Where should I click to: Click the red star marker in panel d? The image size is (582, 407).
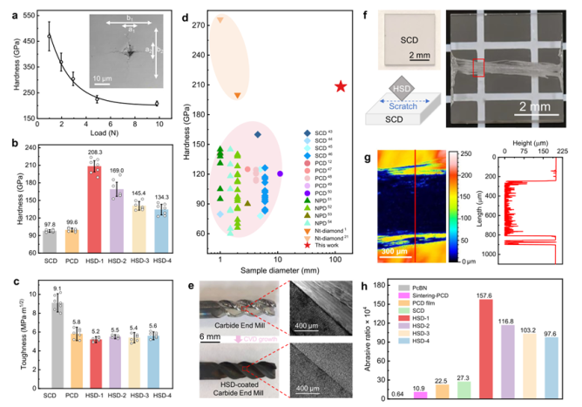341,86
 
